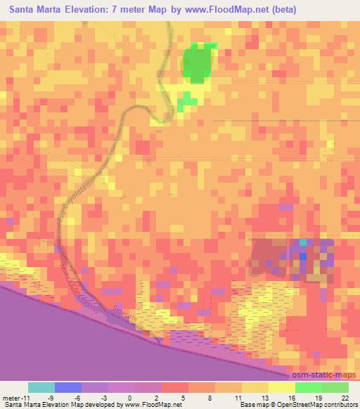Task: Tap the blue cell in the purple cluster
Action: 302,257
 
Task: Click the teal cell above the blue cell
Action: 303,243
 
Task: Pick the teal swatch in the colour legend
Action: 41,387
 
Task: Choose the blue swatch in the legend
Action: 68,387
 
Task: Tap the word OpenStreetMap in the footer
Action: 298,404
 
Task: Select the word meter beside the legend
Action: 12,397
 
